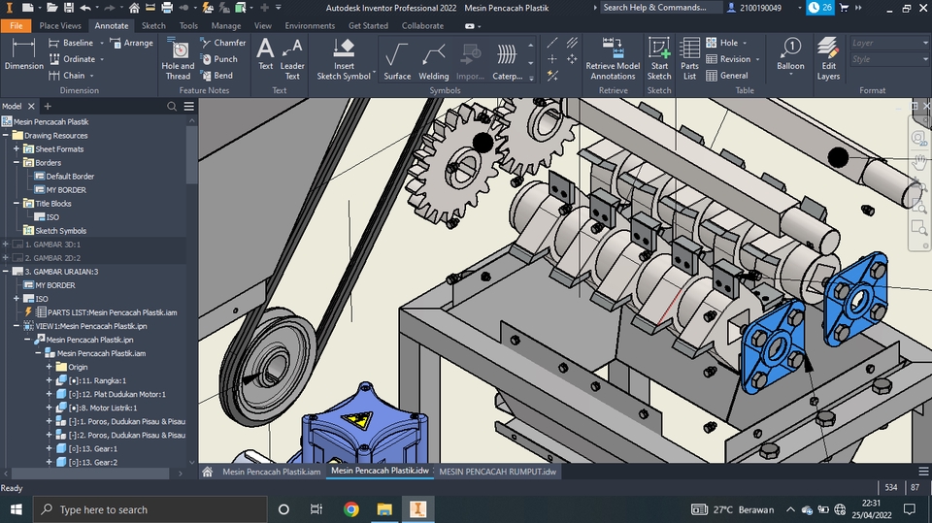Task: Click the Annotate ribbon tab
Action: pyautogui.click(x=112, y=26)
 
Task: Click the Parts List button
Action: pyautogui.click(x=689, y=58)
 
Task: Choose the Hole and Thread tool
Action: pyautogui.click(x=178, y=58)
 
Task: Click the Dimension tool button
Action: pyautogui.click(x=24, y=56)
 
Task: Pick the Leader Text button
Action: pyautogui.click(x=292, y=58)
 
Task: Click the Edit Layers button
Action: pyautogui.click(x=828, y=58)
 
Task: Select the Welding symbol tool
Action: pyautogui.click(x=433, y=60)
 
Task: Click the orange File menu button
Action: pyautogui.click(x=17, y=26)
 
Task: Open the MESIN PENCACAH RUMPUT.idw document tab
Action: pyautogui.click(x=497, y=472)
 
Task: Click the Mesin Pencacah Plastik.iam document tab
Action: pyautogui.click(x=271, y=472)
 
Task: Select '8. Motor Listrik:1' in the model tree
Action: pyautogui.click(x=109, y=409)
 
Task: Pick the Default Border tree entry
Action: pyautogui.click(x=70, y=177)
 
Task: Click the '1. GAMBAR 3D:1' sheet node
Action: pyautogui.click(x=54, y=245)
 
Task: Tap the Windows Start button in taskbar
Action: pyautogui.click(x=17, y=509)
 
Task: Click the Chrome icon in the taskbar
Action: pyautogui.click(x=350, y=509)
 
